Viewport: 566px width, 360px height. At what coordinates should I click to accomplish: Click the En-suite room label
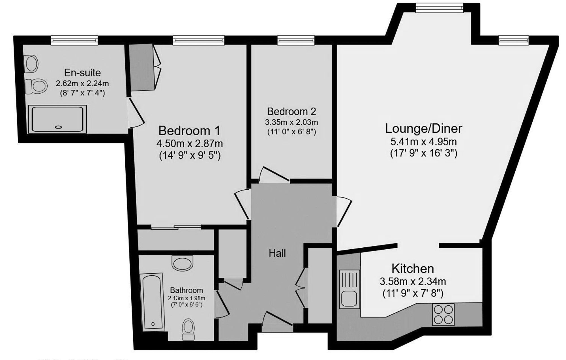pos(82,73)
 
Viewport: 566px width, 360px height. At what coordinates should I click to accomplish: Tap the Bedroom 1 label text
pos(189,130)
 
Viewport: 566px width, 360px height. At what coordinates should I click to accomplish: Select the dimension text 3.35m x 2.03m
pos(291,122)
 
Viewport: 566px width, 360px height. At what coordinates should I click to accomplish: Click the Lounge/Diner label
pos(423,128)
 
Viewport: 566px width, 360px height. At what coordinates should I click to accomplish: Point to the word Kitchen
pos(413,268)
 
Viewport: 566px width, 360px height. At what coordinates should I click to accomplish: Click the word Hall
pos(277,253)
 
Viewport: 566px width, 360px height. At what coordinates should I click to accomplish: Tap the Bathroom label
pos(186,290)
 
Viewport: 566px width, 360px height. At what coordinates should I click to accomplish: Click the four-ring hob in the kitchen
pos(443,314)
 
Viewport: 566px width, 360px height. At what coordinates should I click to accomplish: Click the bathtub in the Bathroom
pos(153,302)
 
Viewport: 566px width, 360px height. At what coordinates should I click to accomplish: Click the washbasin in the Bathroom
pos(182,263)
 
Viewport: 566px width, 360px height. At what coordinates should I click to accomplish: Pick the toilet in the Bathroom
pos(188,329)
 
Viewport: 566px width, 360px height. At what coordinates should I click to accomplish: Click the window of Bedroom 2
pos(296,40)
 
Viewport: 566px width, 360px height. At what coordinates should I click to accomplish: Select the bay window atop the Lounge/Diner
pos(439,8)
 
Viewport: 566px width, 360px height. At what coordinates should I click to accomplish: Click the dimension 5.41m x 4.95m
pos(423,141)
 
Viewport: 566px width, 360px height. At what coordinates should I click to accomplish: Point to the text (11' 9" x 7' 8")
pos(413,293)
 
